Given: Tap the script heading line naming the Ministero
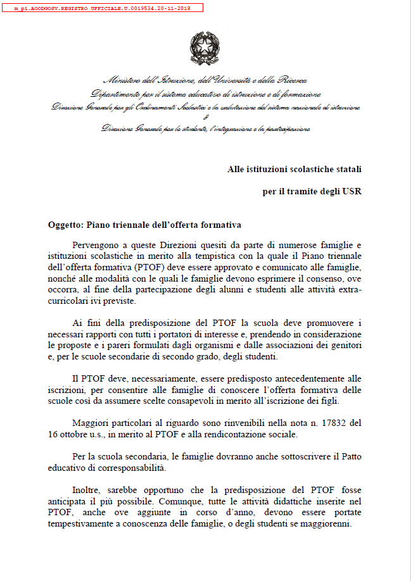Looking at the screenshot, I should tap(205, 80).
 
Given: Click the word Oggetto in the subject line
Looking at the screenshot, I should tap(65, 225).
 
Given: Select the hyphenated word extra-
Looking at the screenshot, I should tap(348, 290).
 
